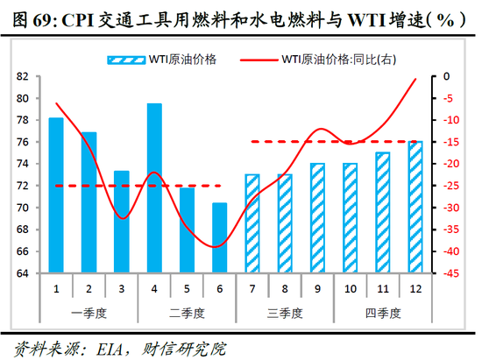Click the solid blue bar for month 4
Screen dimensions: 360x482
(154, 188)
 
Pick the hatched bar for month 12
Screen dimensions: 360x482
(415, 207)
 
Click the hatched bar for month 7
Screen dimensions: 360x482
(252, 223)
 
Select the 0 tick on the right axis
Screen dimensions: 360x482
(446, 76)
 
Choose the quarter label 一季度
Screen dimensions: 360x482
(89, 313)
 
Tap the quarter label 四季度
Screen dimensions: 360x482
(382, 313)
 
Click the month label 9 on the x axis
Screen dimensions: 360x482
(317, 289)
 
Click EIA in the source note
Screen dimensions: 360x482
(99, 348)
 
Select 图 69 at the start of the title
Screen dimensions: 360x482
(25, 17)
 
